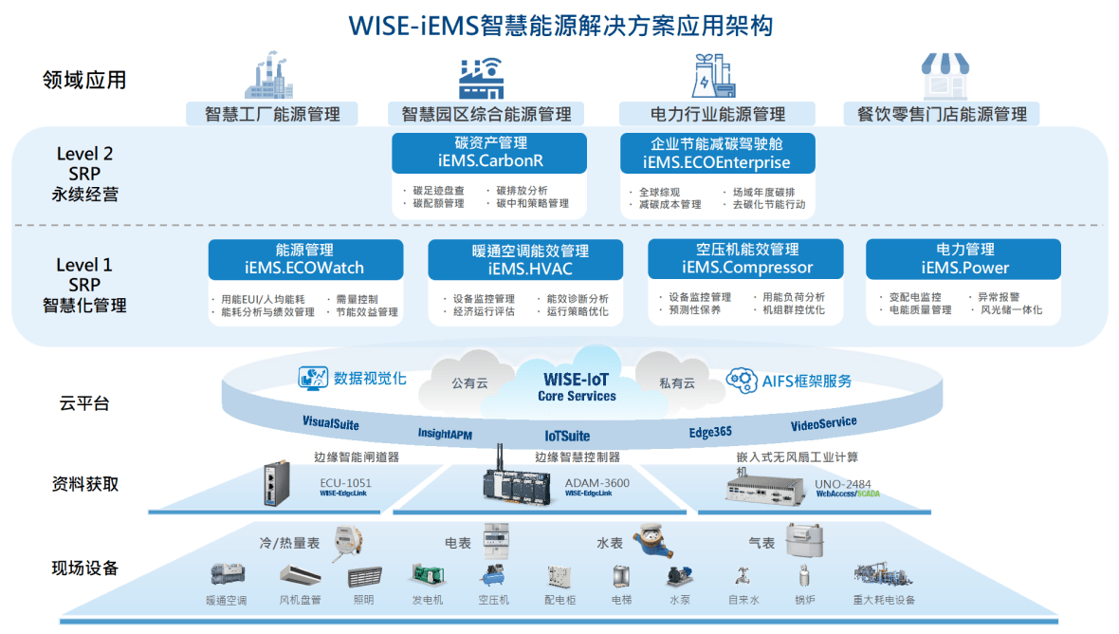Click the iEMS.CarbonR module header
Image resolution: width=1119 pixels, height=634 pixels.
pos(489,153)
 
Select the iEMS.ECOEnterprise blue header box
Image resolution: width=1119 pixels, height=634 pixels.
pos(717,153)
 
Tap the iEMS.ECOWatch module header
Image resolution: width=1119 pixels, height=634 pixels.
pos(305,259)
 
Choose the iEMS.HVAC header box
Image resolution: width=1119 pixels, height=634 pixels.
pos(525,259)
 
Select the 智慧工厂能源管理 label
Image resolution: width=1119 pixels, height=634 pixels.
pos(272,114)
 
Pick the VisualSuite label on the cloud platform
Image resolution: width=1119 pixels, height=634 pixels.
pos(331,423)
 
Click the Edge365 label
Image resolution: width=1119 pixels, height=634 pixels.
pos(710,432)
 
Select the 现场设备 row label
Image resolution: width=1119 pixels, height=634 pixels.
pos(85,569)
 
